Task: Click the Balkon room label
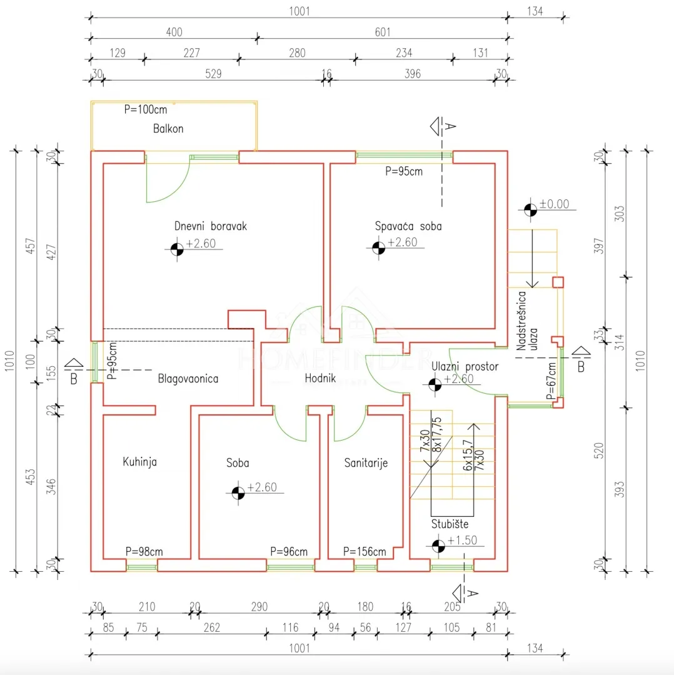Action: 168,129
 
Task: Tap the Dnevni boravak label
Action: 211,226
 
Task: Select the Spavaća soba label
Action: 408,226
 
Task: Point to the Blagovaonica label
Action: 188,379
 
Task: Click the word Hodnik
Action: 320,378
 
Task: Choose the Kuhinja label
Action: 140,462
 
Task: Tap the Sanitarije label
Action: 366,462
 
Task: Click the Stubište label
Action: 450,524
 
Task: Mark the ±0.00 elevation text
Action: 555,204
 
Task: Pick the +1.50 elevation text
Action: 462,540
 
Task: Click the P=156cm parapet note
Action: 365,551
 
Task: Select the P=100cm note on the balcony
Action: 146,109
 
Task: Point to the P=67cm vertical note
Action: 551,381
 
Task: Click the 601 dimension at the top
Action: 383,32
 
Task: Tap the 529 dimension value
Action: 214,74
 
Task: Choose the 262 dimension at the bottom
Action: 212,627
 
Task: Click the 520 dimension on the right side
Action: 599,451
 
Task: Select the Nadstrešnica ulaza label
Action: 527,321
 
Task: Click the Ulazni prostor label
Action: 465,366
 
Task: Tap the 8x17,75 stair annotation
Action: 436,434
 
